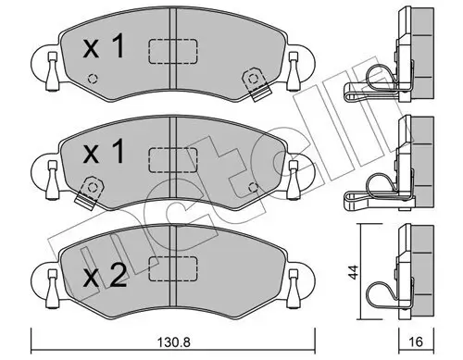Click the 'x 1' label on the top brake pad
[x=104, y=48]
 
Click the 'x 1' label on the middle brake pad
[x=104, y=153]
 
